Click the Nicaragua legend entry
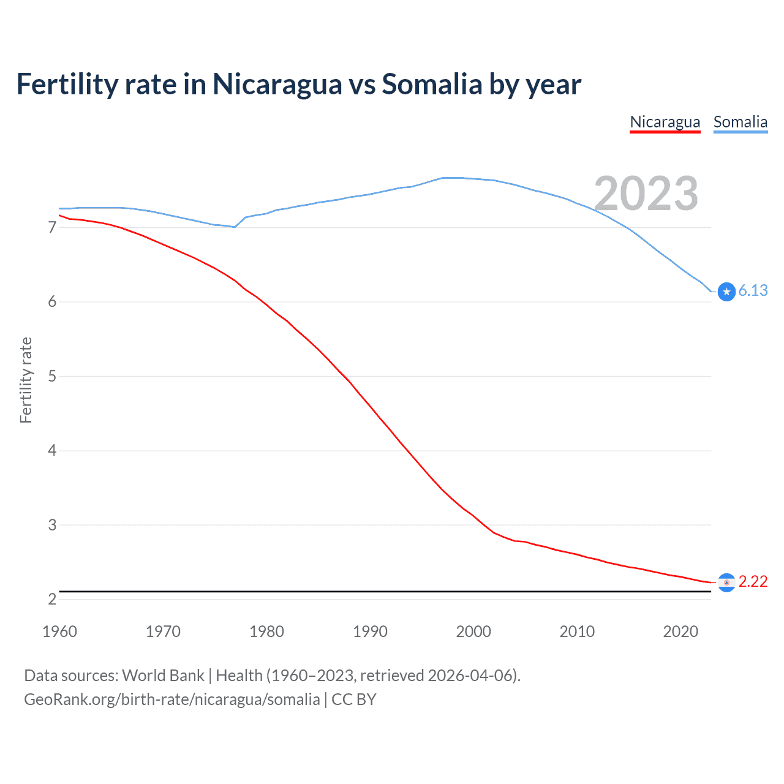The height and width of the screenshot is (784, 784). pos(665,122)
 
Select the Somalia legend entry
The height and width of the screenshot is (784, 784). pos(740,122)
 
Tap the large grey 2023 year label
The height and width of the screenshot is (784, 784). pos(646,194)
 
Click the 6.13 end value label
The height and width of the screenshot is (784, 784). pos(753,291)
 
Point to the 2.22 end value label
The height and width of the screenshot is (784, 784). pos(753,581)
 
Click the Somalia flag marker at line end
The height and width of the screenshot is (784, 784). pos(726,292)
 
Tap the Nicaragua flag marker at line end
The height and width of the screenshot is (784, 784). pos(726,582)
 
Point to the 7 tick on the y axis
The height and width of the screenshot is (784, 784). pos(52,228)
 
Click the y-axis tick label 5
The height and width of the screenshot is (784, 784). pos(52,376)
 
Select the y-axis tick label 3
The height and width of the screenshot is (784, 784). pos(52,525)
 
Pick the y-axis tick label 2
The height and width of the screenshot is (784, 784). pos(52,599)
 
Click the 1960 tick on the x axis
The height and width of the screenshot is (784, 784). pos(59,631)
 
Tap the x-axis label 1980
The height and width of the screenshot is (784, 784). pos(266,631)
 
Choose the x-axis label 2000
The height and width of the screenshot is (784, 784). pos(473,631)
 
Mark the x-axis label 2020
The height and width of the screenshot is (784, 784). pos(680,631)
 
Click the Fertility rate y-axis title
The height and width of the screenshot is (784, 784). pos(26,380)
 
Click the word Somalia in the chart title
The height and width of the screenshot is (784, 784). pos(432,85)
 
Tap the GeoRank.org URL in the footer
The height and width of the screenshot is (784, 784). pos(171,699)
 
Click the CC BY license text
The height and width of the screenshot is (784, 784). pos(354,699)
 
